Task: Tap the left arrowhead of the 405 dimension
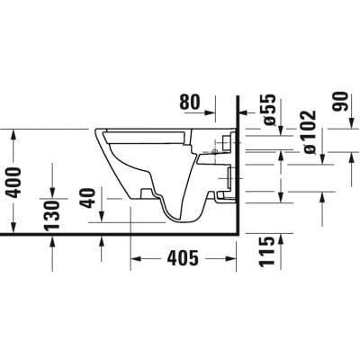pyautogui.click(x=135, y=261)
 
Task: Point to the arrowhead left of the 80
pyautogui.click(x=212, y=114)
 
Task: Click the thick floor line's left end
pyautogui.click(x=2, y=233)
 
